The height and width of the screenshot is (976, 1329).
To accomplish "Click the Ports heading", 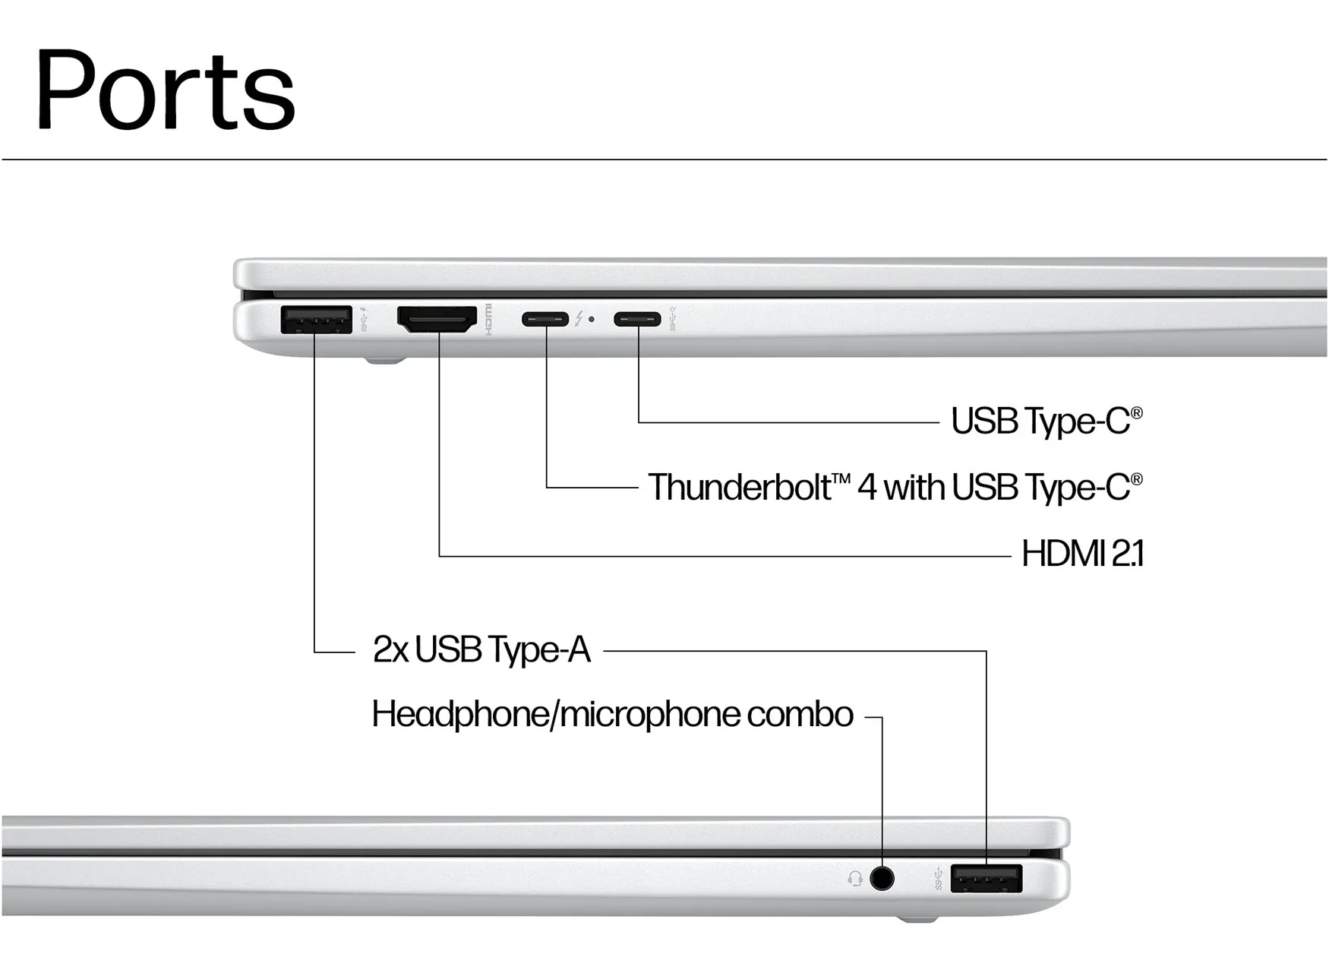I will [x=165, y=90].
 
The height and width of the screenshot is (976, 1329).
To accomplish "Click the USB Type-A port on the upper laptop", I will [x=316, y=319].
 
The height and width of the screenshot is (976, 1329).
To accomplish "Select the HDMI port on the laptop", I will [x=437, y=319].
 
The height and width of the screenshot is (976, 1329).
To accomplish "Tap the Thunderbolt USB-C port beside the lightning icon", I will [x=545, y=319].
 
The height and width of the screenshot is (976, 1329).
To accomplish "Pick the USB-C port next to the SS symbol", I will [x=637, y=319].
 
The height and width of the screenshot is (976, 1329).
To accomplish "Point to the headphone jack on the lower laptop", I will [x=882, y=879].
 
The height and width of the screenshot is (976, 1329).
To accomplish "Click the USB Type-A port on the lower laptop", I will [x=986, y=879].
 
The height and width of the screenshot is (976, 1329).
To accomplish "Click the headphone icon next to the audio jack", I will [x=855, y=879].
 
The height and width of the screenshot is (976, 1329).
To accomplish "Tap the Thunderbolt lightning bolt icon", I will [x=579, y=319].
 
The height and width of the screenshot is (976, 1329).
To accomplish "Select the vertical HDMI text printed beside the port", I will [x=488, y=319].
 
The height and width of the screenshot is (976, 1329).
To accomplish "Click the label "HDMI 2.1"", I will [x=1082, y=554].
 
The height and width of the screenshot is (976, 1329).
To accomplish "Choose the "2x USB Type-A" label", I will [x=481, y=650].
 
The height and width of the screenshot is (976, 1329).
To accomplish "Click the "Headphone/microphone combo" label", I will [x=612, y=715].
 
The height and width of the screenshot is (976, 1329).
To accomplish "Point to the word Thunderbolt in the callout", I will [x=739, y=488].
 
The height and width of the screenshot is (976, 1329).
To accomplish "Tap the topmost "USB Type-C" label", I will [x=1046, y=421].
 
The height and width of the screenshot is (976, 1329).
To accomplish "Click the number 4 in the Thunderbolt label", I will [x=867, y=488].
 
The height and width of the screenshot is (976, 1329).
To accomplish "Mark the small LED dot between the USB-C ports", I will [x=592, y=320].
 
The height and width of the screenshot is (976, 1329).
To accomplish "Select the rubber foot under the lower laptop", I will [x=917, y=920].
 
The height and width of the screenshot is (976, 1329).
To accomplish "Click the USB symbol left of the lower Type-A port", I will [x=939, y=879].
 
